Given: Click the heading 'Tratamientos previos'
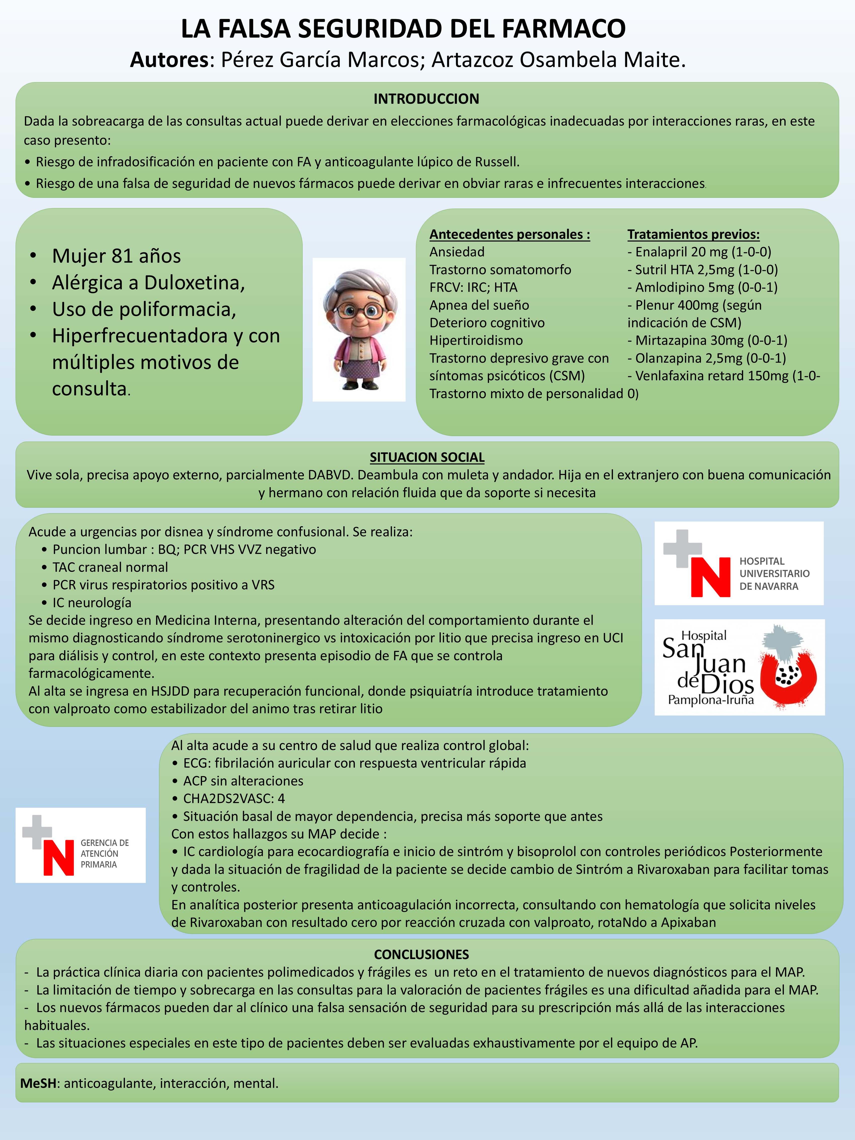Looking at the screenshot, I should coord(693,234).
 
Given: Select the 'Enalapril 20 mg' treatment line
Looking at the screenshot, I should coord(699,252).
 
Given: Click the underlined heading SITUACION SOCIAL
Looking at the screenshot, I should coord(427,457).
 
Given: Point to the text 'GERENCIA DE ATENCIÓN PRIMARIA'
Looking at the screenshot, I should coord(105,853).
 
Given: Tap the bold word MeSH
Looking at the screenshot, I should coord(38,1083).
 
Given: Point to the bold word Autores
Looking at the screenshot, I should coord(169,60).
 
